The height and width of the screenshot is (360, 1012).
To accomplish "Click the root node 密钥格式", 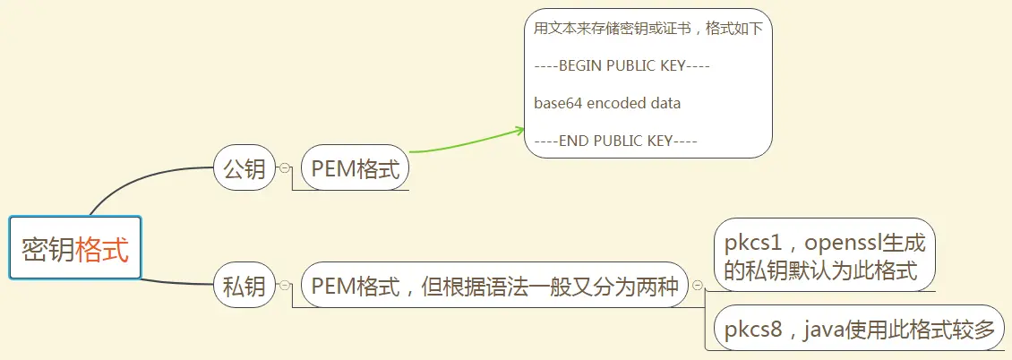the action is [x=75, y=248].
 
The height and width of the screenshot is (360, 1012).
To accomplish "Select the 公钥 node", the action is [x=244, y=168].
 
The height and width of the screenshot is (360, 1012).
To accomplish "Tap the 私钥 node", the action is [x=244, y=286].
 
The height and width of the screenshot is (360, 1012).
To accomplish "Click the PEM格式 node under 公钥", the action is [x=356, y=168].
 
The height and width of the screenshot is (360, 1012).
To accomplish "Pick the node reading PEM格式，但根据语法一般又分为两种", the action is [x=495, y=286].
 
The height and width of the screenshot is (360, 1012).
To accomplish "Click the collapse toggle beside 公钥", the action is [x=285, y=168].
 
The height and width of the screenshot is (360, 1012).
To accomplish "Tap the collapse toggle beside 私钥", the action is [x=285, y=286].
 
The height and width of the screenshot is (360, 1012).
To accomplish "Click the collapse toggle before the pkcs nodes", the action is [x=698, y=287].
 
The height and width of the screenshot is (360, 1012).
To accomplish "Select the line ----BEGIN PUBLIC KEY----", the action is [x=622, y=65].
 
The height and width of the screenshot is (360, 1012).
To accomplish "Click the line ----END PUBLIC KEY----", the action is [x=615, y=141].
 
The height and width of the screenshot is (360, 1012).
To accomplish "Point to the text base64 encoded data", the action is [x=607, y=103].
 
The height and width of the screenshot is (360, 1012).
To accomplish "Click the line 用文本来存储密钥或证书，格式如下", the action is [x=648, y=29].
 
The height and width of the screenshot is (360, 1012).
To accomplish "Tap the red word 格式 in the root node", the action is [x=102, y=248].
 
